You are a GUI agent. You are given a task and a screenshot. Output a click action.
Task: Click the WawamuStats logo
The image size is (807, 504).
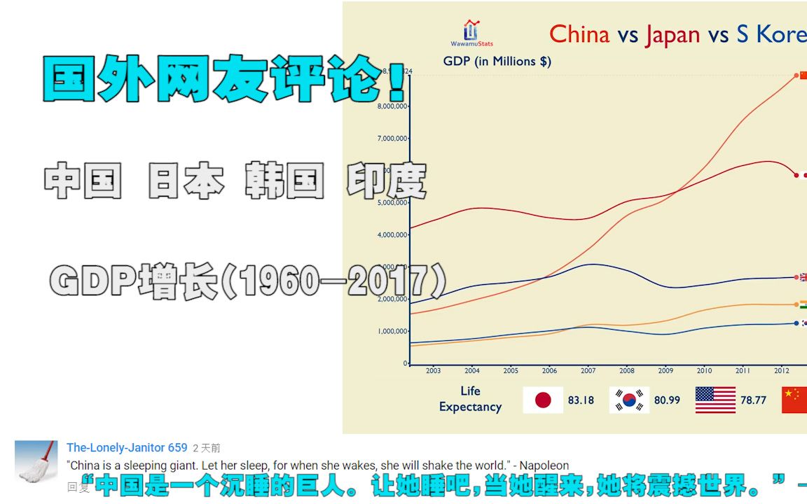(x=471, y=33)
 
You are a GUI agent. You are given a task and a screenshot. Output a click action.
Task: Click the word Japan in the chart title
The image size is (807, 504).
(x=672, y=34)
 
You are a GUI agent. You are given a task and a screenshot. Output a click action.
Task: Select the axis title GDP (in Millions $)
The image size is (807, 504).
(x=497, y=61)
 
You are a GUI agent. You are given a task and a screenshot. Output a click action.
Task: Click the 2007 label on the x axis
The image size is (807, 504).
(x=588, y=371)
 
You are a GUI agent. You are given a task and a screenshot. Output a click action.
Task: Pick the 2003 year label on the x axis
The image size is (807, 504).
(x=433, y=371)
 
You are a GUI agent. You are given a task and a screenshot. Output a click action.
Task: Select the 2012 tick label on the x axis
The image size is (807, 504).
(x=782, y=371)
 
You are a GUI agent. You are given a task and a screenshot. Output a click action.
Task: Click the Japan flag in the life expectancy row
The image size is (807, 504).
(x=543, y=400)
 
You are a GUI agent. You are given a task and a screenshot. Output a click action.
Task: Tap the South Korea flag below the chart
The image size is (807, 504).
(x=629, y=400)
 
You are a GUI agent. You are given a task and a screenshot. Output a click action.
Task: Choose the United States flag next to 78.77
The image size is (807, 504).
(x=715, y=400)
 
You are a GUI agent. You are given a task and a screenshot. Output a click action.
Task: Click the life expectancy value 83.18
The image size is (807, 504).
(x=581, y=400)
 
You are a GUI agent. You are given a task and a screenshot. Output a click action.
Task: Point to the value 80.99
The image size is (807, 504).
(x=667, y=400)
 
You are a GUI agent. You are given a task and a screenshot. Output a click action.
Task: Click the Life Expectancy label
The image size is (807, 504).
(x=470, y=398)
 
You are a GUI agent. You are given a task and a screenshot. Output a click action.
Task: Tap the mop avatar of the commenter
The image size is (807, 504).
(x=36, y=462)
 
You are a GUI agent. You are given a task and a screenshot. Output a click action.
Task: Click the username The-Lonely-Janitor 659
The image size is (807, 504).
(x=127, y=448)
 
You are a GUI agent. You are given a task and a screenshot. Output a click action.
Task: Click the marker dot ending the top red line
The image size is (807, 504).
(x=796, y=75)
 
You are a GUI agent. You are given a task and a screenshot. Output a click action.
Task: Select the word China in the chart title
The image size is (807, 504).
(x=579, y=34)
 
